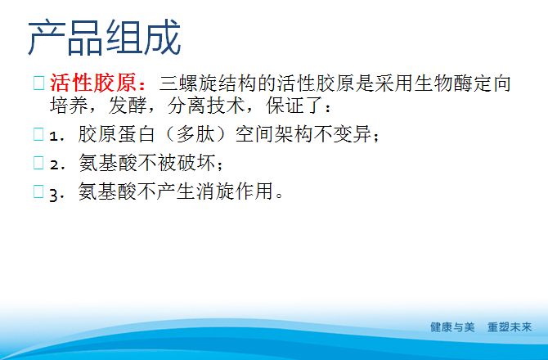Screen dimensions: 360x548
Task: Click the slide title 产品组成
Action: [x=104, y=38]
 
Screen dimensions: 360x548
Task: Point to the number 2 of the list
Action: [x=54, y=164]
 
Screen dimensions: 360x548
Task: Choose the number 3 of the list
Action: [x=54, y=194]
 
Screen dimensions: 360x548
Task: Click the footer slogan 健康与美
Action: [x=453, y=326]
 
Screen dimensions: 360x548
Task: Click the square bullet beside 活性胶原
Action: [x=38, y=83]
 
